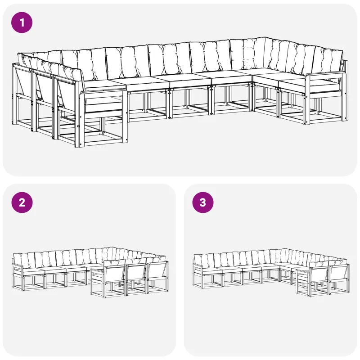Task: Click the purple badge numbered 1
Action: tap(22, 22)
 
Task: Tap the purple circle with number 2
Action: tap(22, 202)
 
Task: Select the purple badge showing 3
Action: tap(203, 202)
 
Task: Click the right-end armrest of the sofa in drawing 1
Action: tap(325, 74)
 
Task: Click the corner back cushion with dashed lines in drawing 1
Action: tap(248, 54)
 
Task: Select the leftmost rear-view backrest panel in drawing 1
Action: tap(22, 82)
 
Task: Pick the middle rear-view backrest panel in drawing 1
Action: tap(43, 87)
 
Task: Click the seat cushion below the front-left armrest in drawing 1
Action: tap(103, 104)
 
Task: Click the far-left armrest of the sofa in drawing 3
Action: tap(198, 266)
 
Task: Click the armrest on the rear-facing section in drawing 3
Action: tap(303, 271)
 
